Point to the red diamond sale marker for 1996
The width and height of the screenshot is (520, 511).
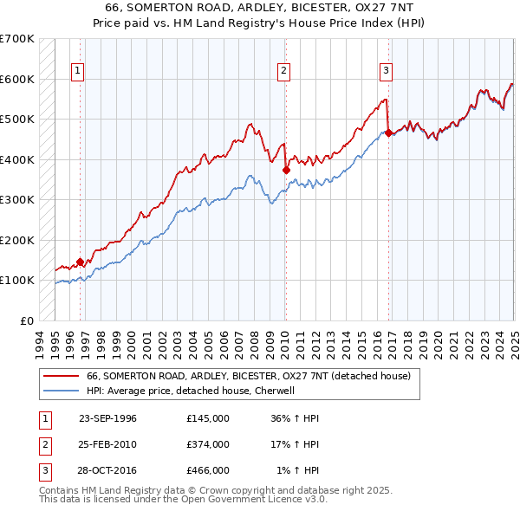click(x=80, y=262)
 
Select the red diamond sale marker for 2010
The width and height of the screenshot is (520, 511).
click(x=286, y=171)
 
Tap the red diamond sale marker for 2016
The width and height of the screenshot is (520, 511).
click(x=388, y=133)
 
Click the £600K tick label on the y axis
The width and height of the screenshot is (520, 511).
click(x=17, y=79)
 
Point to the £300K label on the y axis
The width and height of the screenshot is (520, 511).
click(x=17, y=199)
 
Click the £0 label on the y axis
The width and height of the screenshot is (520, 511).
click(x=26, y=320)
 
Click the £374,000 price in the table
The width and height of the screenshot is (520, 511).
click(x=208, y=444)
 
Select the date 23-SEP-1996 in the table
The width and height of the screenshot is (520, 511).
click(x=107, y=418)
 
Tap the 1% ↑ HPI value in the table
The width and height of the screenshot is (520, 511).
click(x=298, y=470)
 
